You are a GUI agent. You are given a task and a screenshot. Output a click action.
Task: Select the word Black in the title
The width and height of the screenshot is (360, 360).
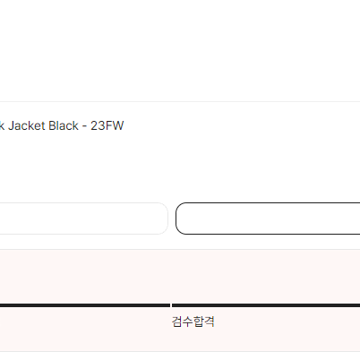pyautogui.click(x=64, y=125)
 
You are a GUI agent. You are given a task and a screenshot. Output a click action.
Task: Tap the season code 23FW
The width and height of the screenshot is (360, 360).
pyautogui.click(x=107, y=125)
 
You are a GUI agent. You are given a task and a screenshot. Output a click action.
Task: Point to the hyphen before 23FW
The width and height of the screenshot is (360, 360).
pyautogui.click(x=85, y=127)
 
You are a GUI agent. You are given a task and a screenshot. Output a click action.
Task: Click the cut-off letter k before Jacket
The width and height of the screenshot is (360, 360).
pyautogui.click(x=2, y=125)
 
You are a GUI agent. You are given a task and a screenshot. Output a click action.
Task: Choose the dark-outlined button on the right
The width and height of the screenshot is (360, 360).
pyautogui.click(x=268, y=219)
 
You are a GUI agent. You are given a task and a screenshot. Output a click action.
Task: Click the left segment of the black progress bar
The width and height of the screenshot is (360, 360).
pyautogui.click(x=85, y=305)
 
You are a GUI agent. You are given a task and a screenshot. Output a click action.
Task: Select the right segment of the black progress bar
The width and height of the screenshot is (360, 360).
pyautogui.click(x=266, y=305)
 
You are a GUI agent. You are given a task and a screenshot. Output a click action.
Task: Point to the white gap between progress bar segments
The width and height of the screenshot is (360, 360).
pyautogui.click(x=171, y=305)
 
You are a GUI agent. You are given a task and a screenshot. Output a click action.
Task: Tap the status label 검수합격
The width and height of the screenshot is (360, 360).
pyautogui.click(x=193, y=321)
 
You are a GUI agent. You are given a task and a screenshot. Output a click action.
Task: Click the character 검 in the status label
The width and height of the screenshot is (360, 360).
pyautogui.click(x=177, y=321)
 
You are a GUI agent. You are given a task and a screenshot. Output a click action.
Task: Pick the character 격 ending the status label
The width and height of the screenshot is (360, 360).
pyautogui.click(x=210, y=321)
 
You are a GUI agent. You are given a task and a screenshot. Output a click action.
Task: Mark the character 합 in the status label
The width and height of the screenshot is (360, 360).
pyautogui.click(x=199, y=321)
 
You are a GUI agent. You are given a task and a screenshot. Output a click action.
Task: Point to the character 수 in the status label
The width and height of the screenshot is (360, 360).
pyautogui.click(x=188, y=321)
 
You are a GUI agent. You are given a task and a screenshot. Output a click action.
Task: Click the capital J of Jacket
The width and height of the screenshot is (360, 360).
pyautogui.click(x=11, y=125)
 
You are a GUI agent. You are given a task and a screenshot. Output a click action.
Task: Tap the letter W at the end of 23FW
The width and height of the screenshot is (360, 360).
pyautogui.click(x=118, y=125)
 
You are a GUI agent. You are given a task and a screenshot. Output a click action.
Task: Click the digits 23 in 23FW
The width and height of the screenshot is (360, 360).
pyautogui.click(x=99, y=125)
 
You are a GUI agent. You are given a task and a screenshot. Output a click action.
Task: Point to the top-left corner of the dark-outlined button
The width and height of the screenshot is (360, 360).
pyautogui.click(x=176, y=203)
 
